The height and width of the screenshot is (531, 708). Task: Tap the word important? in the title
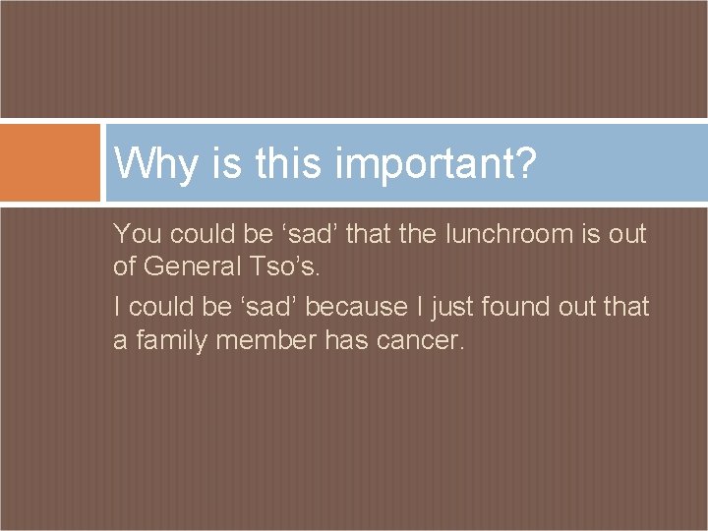pos(436,164)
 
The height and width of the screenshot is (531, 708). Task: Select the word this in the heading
pos(287,163)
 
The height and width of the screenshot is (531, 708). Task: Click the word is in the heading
pos(224,163)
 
